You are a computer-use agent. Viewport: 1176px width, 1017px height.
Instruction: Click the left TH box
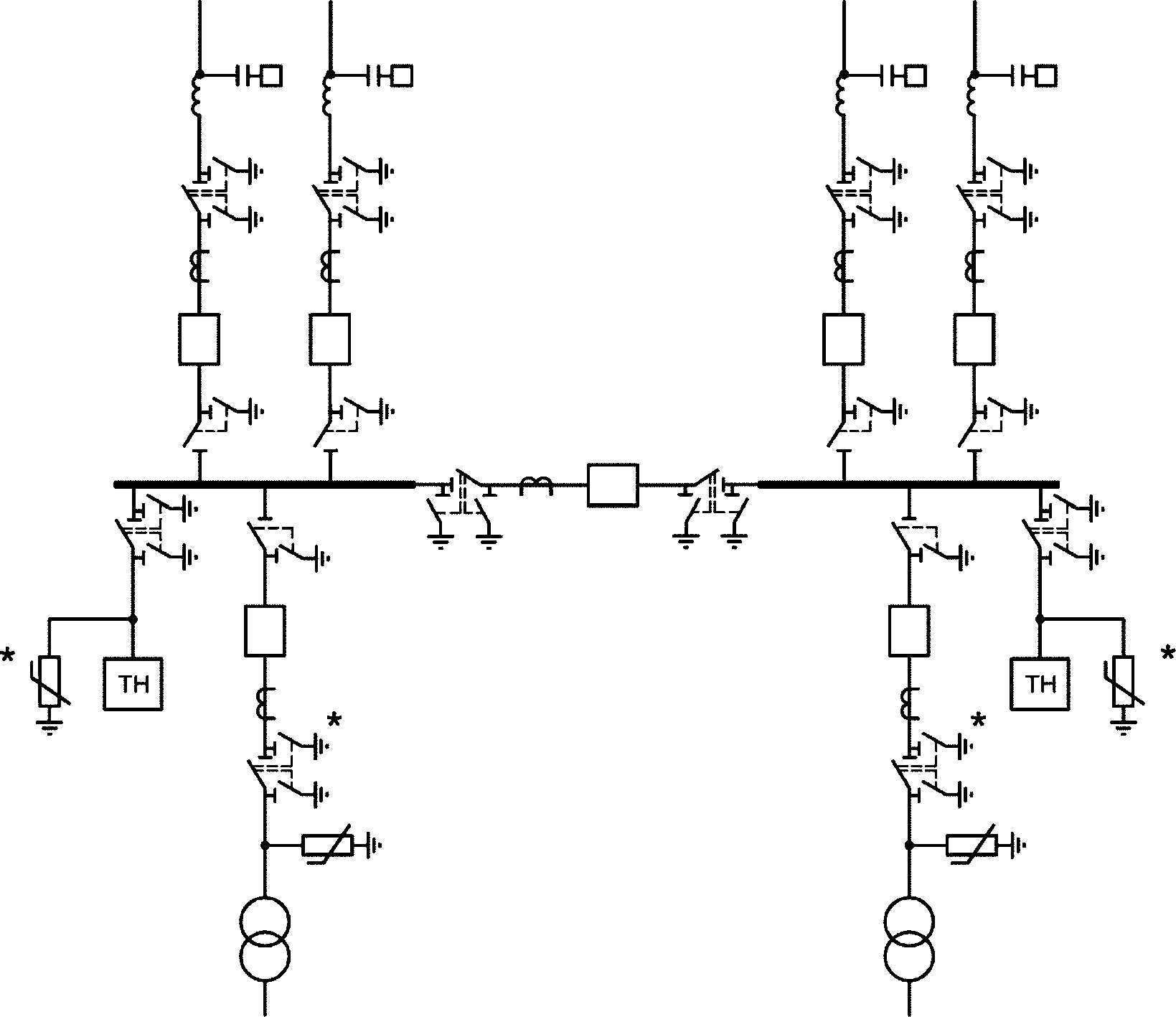coord(133,684)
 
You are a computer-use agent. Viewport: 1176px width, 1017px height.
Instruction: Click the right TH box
coord(1039,684)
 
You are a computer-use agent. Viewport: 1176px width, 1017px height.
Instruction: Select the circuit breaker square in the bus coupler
coord(612,485)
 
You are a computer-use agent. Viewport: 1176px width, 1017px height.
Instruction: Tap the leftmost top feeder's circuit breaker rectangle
coord(199,339)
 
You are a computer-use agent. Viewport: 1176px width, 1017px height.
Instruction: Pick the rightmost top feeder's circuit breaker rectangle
coord(974,339)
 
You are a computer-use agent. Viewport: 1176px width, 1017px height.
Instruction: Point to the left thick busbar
coord(264,485)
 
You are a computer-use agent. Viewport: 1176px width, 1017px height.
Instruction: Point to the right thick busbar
coord(908,485)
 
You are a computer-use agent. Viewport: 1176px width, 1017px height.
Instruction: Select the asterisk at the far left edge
coord(9,656)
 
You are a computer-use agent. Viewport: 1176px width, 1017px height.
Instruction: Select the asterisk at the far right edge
coord(1167,654)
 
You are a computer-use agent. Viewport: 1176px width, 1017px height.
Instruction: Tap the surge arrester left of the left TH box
coord(50,682)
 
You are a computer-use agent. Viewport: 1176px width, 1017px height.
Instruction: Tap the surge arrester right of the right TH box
coord(1124,682)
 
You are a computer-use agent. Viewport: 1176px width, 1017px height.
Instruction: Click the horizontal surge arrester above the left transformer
coord(327,845)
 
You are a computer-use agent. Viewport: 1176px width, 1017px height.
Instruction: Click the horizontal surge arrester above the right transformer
coord(972,845)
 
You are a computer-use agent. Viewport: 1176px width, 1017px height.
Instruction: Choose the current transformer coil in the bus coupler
coord(536,485)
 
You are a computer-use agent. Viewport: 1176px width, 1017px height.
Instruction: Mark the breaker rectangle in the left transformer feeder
coord(265,631)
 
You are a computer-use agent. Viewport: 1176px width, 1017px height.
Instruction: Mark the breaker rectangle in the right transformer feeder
coord(909,631)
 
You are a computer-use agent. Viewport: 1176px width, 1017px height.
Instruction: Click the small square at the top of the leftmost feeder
coord(271,75)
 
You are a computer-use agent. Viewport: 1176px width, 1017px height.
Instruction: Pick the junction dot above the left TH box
coord(132,618)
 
